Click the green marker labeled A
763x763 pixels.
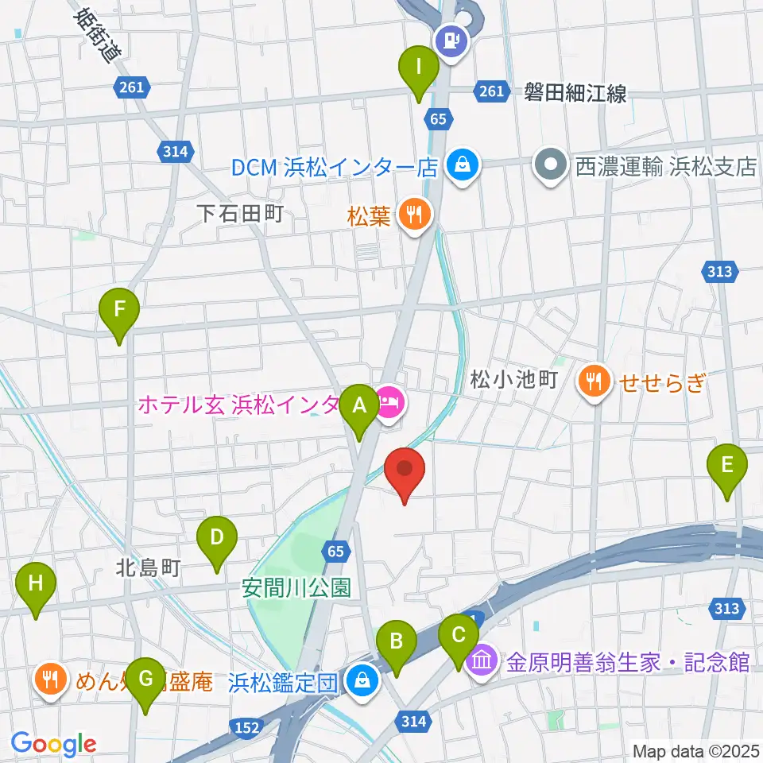tap(359, 407)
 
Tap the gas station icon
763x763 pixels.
tap(452, 38)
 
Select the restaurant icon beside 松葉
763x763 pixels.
tap(413, 214)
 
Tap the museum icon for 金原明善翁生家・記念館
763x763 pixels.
tap(482, 660)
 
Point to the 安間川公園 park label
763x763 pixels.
tap(296, 588)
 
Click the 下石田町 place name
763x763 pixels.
tap(239, 213)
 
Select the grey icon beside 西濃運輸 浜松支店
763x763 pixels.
tap(549, 166)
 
